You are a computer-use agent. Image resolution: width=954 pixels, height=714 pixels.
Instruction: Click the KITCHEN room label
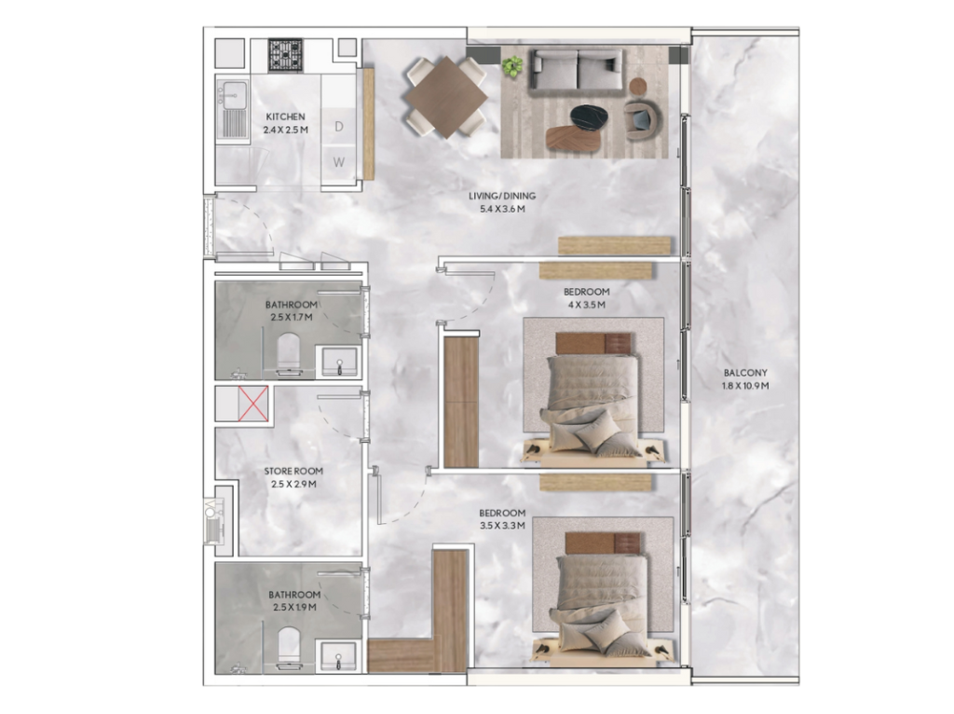(285, 117)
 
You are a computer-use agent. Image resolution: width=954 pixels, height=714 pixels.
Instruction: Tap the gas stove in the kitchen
(285, 55)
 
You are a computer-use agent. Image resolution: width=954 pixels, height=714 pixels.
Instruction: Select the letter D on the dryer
(339, 126)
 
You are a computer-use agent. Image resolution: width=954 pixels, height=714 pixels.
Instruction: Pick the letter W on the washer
(339, 162)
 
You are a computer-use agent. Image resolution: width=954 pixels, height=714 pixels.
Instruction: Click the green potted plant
(513, 66)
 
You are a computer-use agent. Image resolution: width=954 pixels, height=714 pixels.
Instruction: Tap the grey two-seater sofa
(576, 72)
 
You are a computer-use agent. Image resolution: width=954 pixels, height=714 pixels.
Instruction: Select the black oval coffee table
(591, 117)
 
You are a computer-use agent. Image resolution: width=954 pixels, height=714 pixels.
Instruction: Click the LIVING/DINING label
(502, 196)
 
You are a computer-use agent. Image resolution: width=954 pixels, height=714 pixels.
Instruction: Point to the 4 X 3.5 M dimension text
(587, 305)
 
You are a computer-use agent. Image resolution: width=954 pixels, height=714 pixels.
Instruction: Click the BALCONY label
(745, 373)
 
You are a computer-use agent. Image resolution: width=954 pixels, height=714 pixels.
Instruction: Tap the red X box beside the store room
(253, 403)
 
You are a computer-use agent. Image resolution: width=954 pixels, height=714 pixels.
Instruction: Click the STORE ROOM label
(293, 471)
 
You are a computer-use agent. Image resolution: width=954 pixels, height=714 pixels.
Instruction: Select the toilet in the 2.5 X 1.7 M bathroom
(289, 352)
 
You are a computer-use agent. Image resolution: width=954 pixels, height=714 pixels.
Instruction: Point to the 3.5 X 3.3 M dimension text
(502, 526)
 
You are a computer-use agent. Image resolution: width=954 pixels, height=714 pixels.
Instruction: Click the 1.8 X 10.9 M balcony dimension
(745, 386)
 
